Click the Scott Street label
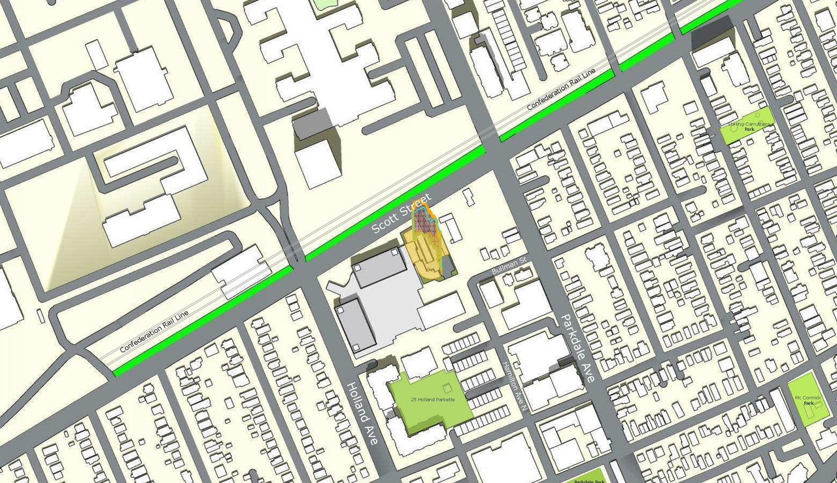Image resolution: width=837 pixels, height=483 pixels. [x=401, y=214]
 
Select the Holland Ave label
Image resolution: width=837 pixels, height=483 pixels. [x=362, y=414]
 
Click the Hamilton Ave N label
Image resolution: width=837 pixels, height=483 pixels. [x=514, y=387]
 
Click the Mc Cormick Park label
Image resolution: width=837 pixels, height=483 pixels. [x=807, y=401]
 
